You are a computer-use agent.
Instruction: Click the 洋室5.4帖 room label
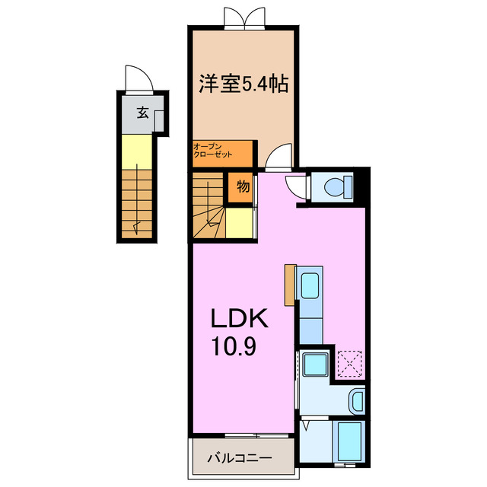pyautogui.click(x=243, y=84)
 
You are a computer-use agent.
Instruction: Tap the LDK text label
pyautogui.click(x=240, y=318)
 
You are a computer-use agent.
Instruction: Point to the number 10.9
pyautogui.click(x=234, y=346)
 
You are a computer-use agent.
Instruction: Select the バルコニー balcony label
pyautogui.click(x=240, y=458)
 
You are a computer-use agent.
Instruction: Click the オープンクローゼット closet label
pyautogui.click(x=212, y=151)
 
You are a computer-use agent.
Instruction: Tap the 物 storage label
pyautogui.click(x=243, y=186)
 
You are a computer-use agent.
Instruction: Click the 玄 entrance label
pyautogui.click(x=142, y=113)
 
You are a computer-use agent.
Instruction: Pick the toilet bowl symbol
pyautogui.click(x=338, y=187)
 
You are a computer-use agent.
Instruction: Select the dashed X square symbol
pyautogui.click(x=349, y=363)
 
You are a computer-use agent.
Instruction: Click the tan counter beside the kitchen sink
pyautogui.click(x=290, y=285)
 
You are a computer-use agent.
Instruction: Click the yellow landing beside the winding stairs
pyautogui.click(x=239, y=223)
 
